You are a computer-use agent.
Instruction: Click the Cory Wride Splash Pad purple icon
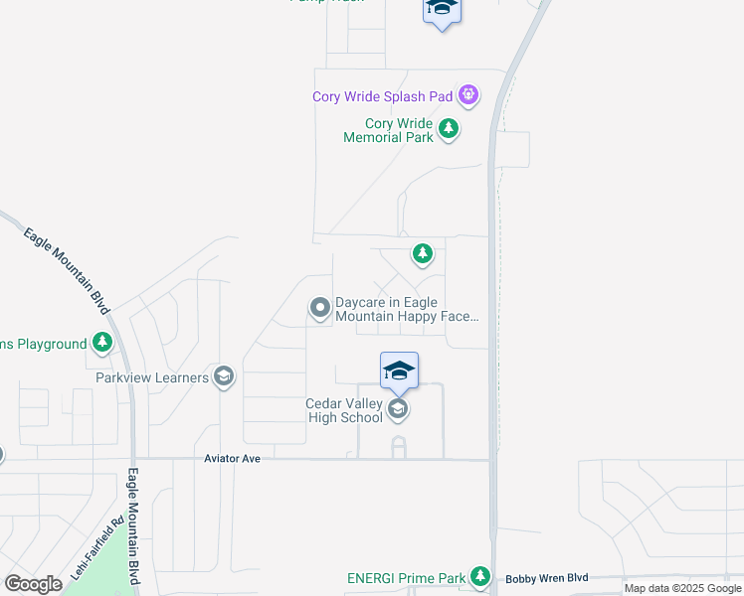[468, 96]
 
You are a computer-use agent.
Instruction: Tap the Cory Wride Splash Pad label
[383, 97]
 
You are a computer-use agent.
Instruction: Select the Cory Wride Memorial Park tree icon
[449, 128]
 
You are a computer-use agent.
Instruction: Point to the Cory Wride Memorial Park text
[388, 130]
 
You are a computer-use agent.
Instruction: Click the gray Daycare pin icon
[319, 308]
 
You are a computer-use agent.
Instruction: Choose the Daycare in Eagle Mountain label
[406, 310]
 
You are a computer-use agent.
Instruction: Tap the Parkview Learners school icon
[224, 375]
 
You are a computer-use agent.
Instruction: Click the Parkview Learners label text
[152, 377]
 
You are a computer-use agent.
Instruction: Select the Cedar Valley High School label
[344, 410]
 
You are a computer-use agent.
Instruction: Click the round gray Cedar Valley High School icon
[398, 409]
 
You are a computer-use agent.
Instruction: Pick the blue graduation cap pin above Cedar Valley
[399, 372]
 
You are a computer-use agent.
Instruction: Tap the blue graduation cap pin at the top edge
[442, 10]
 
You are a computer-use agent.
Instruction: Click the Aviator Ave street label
[232, 459]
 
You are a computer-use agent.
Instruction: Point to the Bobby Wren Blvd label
[547, 577]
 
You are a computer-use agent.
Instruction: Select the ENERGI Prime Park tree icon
[480, 576]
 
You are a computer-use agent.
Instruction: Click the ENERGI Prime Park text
[406, 578]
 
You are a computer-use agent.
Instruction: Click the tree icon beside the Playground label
[101, 344]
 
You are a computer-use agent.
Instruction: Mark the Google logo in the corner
[33, 584]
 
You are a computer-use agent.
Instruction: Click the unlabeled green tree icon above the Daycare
[423, 255]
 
